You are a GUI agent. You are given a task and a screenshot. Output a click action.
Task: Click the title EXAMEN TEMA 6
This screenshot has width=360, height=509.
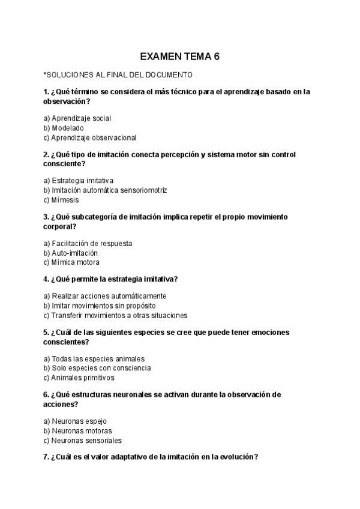point(179,57)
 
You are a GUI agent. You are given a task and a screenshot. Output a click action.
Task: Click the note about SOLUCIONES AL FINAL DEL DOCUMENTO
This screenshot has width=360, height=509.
point(118,75)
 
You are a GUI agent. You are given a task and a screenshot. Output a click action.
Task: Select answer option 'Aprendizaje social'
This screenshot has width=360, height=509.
point(77,118)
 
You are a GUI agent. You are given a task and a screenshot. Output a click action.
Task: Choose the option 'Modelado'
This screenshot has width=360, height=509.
point(64,128)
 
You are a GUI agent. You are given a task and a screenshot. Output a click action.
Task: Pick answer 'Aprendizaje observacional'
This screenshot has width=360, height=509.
point(90,137)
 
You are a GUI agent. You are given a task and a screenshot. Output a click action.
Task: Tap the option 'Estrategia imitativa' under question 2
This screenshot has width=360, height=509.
point(79,181)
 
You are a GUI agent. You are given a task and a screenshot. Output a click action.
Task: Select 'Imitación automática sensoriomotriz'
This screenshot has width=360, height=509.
point(105,190)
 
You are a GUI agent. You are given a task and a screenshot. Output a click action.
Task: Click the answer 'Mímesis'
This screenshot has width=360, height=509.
point(61,200)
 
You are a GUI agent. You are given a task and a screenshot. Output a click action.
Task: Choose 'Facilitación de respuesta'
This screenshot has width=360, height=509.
point(88,243)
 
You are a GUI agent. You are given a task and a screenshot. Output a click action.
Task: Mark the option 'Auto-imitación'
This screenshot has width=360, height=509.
point(71,253)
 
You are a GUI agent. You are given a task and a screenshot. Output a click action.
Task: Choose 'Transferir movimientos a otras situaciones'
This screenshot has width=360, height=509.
point(116,315)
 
